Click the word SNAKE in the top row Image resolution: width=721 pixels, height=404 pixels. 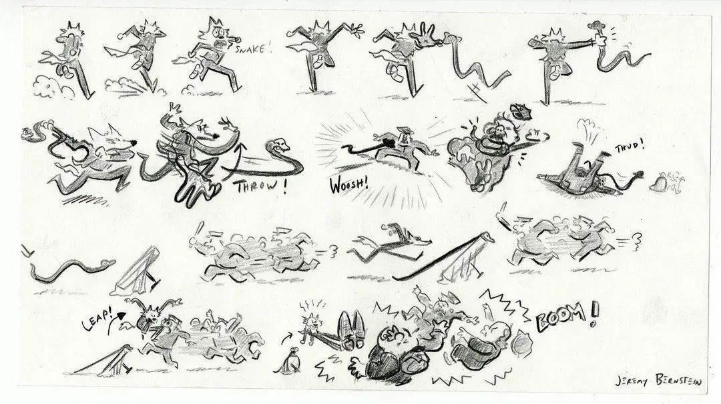click(250, 49)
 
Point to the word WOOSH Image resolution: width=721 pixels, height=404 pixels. click(348, 185)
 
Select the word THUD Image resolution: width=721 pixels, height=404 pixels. click(628, 147)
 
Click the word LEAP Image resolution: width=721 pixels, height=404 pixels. click(97, 318)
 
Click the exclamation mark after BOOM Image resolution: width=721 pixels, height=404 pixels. click(593, 315)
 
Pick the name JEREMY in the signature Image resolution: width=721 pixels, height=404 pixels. click(632, 381)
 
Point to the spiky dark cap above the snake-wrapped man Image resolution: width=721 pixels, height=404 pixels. click(521, 111)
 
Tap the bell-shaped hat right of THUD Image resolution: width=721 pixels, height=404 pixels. click(658, 183)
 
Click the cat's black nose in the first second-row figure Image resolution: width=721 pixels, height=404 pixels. click(134, 143)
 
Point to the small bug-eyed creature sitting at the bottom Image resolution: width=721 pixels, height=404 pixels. click(290, 361)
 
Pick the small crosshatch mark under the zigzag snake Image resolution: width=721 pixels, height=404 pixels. click(476, 91)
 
